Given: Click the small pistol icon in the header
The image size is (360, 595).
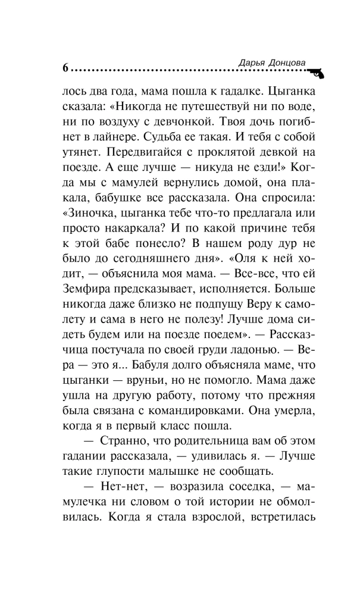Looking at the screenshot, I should tap(314, 71).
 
